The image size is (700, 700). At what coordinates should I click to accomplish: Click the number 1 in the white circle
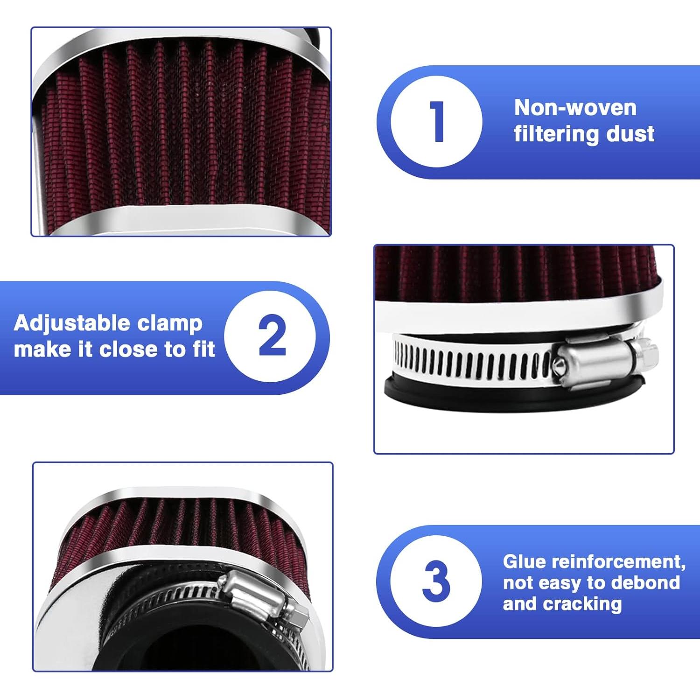tap(437, 121)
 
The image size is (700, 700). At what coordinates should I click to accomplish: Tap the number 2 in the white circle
tap(272, 336)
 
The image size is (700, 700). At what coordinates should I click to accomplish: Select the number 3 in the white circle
tap(436, 581)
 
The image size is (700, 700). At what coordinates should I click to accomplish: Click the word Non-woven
tap(575, 108)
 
